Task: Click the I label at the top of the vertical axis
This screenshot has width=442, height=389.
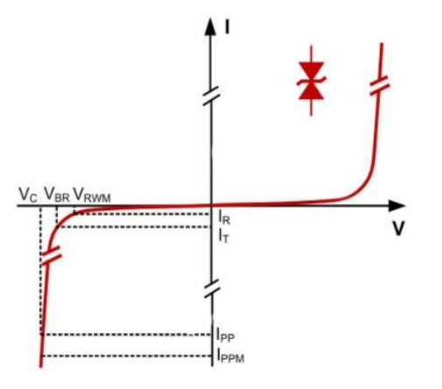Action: (x=227, y=27)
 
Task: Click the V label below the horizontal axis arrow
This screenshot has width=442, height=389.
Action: (x=397, y=228)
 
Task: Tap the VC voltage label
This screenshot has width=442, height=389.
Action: (x=28, y=194)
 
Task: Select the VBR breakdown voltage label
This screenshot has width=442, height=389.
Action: (x=57, y=194)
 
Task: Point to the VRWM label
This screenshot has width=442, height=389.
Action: (x=92, y=194)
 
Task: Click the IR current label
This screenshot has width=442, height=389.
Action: (x=224, y=218)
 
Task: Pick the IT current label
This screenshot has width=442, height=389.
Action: (x=224, y=236)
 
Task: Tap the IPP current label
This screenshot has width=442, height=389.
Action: (x=225, y=335)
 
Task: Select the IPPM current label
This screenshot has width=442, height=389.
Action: (x=230, y=357)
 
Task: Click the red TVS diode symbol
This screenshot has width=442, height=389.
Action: (x=312, y=81)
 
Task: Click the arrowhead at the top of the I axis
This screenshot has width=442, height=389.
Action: (x=210, y=27)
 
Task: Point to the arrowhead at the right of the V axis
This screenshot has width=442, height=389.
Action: (x=397, y=206)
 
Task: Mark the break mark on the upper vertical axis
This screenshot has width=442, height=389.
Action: (x=211, y=95)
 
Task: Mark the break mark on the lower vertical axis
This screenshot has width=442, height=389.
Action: (x=212, y=288)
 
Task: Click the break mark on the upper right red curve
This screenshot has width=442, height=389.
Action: (x=379, y=85)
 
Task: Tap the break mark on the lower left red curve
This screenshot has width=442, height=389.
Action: (x=52, y=256)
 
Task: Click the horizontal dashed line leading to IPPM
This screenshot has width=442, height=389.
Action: (x=127, y=356)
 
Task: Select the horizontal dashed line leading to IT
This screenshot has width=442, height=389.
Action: (x=134, y=227)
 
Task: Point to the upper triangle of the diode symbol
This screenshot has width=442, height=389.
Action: (x=312, y=69)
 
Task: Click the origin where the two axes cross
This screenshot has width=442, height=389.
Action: (x=212, y=206)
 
